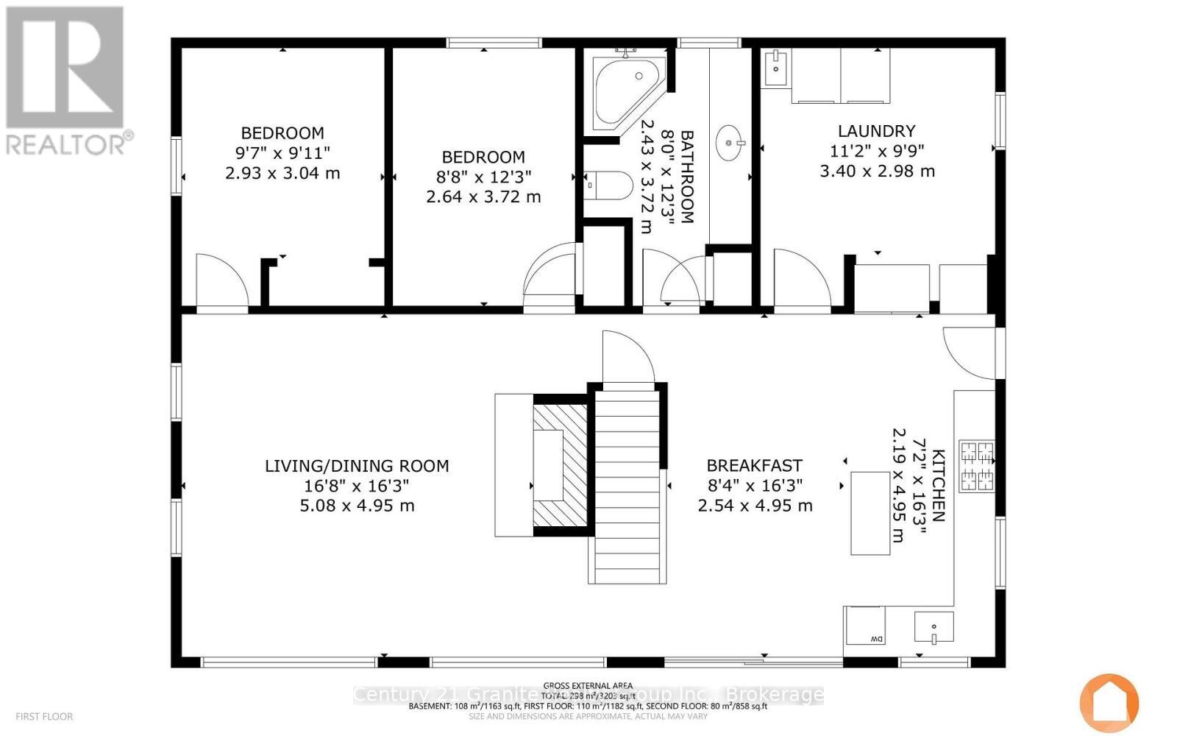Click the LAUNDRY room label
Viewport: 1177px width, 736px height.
coord(876,131)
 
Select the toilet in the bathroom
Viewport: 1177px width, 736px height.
coord(610,186)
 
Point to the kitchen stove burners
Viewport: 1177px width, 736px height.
coord(977,467)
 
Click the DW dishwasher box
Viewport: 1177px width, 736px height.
coord(865,626)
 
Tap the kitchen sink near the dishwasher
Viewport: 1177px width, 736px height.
coord(934,627)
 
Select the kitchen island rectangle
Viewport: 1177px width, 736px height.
coord(870,513)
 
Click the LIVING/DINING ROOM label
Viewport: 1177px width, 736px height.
coord(357,466)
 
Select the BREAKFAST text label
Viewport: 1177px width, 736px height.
coord(754,466)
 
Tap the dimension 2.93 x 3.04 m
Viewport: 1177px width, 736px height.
coord(282,174)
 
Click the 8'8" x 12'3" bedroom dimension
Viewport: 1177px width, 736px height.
coord(483,177)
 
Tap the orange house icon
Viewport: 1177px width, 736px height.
coord(1109,703)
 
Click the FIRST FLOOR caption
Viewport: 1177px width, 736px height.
coord(44,716)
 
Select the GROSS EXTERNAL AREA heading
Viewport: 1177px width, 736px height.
coord(588,685)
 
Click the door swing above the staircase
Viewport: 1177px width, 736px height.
coord(627,358)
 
